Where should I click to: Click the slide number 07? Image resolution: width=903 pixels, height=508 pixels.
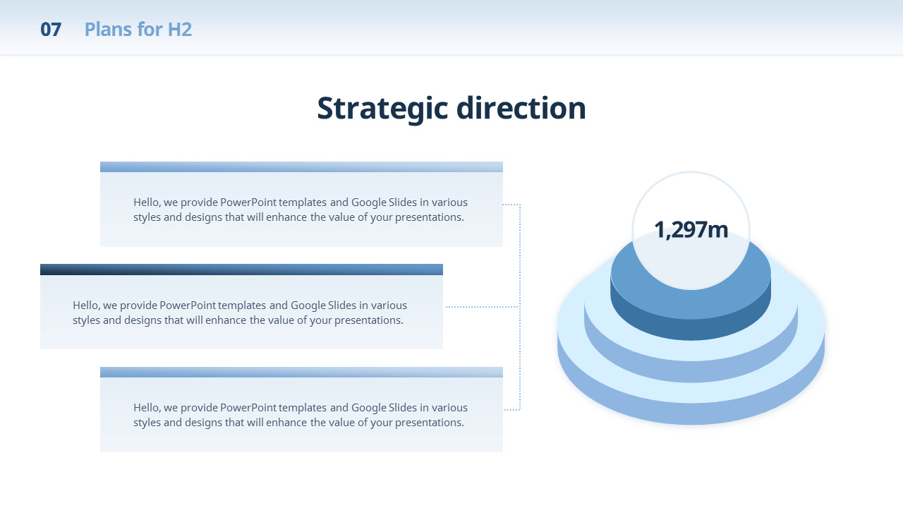click(x=51, y=30)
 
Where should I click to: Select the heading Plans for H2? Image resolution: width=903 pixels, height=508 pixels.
click(x=138, y=30)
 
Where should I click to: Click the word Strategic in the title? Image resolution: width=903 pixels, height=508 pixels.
click(x=382, y=109)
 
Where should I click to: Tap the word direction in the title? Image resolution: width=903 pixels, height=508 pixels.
click(x=521, y=108)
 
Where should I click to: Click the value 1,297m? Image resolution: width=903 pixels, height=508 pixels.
click(x=691, y=230)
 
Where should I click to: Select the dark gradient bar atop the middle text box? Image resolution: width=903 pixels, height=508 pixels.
click(x=241, y=270)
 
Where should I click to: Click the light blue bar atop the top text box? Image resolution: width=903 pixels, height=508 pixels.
click(x=301, y=167)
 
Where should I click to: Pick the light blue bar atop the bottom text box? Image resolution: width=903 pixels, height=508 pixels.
click(x=301, y=372)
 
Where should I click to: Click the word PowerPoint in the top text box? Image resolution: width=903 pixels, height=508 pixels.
click(x=248, y=202)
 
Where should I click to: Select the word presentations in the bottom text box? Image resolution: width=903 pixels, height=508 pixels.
click(x=430, y=423)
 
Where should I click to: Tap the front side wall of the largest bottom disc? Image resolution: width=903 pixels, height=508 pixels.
click(x=691, y=413)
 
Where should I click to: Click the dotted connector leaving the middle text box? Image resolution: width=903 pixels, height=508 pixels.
click(x=483, y=307)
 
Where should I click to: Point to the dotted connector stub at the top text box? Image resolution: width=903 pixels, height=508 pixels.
click(x=511, y=205)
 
